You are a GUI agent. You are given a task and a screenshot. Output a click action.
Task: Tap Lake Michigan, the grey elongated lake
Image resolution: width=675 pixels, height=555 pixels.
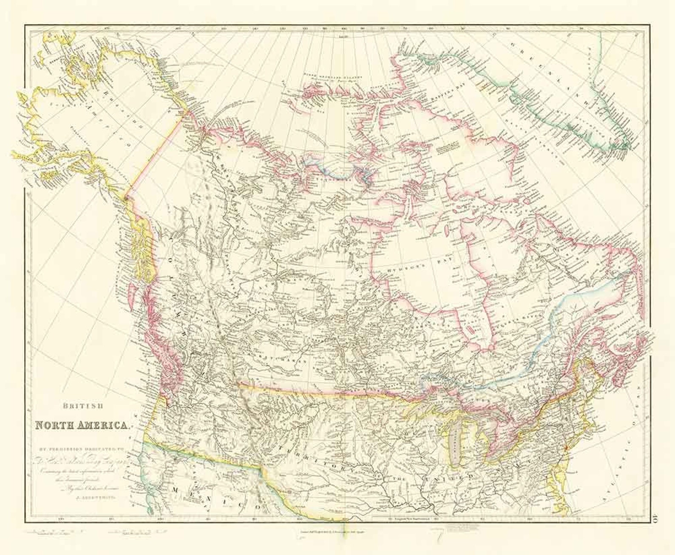(x=455, y=448)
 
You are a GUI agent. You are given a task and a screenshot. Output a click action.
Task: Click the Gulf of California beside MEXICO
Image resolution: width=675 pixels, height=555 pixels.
(x=149, y=497)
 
